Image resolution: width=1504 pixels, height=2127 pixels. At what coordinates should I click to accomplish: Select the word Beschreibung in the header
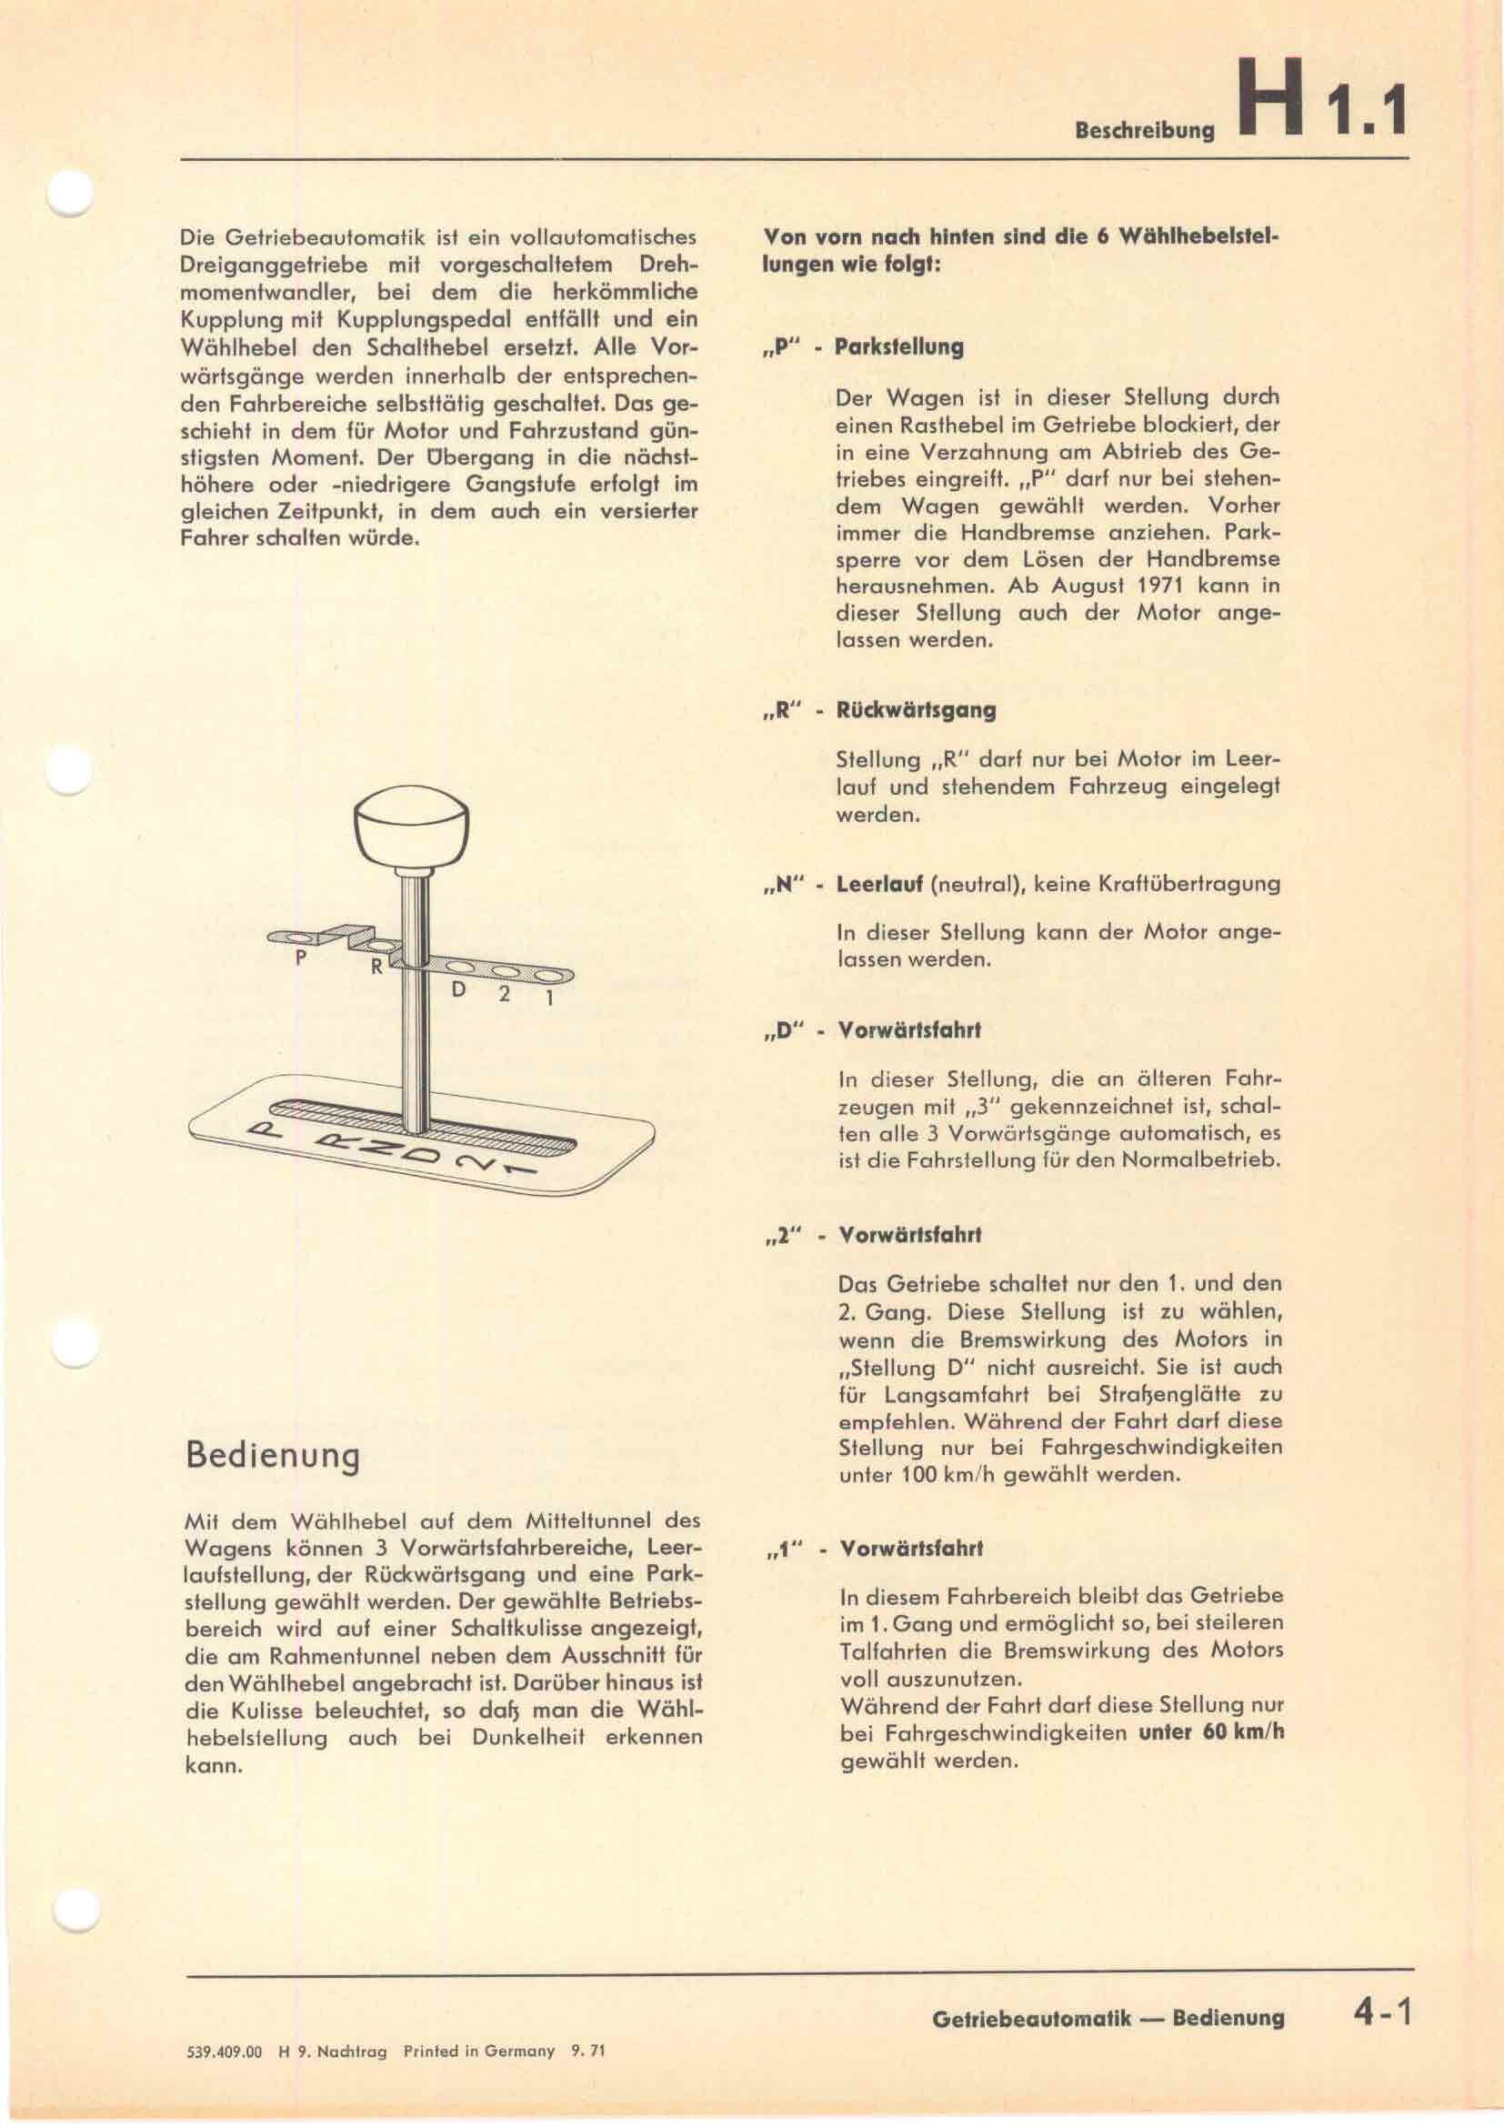(1144, 131)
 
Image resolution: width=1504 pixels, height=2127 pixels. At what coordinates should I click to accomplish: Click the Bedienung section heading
(272, 1455)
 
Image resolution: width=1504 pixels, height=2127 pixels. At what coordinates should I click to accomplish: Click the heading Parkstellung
(898, 347)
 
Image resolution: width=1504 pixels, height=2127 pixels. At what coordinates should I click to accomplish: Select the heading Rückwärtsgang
(916, 710)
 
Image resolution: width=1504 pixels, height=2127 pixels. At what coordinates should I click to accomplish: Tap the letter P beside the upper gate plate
(300, 958)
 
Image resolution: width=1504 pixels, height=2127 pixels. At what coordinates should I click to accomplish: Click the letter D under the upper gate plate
(457, 990)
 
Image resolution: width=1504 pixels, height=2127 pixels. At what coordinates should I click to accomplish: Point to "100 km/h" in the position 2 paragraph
(941, 1474)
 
